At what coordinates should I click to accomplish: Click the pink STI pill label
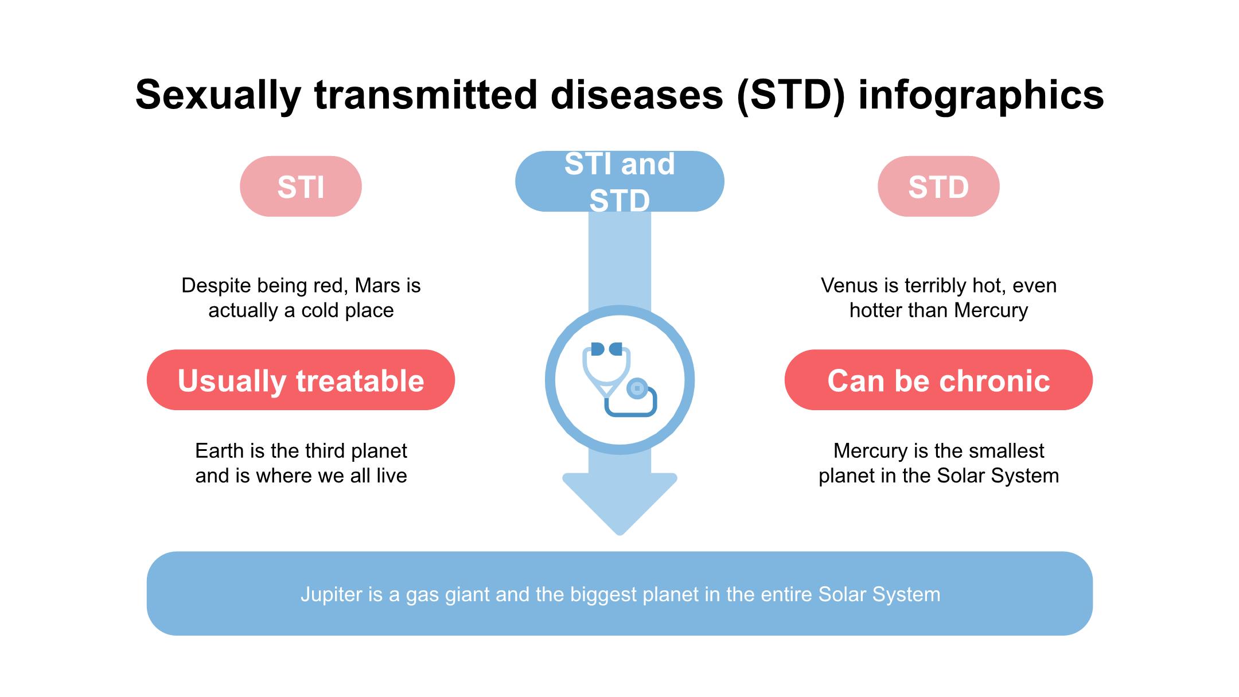[301, 186]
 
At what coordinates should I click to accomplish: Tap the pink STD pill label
[938, 186]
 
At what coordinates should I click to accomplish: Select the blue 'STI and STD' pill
[619, 181]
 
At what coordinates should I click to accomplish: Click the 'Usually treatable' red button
[301, 380]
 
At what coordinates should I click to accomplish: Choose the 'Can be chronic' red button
[938, 380]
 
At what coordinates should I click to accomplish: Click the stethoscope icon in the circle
[619, 379]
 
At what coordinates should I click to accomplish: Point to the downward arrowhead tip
[619, 535]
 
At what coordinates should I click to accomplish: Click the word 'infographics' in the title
[981, 95]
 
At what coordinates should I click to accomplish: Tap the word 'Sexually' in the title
[218, 95]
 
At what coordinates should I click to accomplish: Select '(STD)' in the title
[791, 95]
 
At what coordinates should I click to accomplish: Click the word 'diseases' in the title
[637, 95]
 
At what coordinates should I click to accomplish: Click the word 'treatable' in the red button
[360, 380]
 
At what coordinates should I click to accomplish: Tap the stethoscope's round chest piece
[637, 388]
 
